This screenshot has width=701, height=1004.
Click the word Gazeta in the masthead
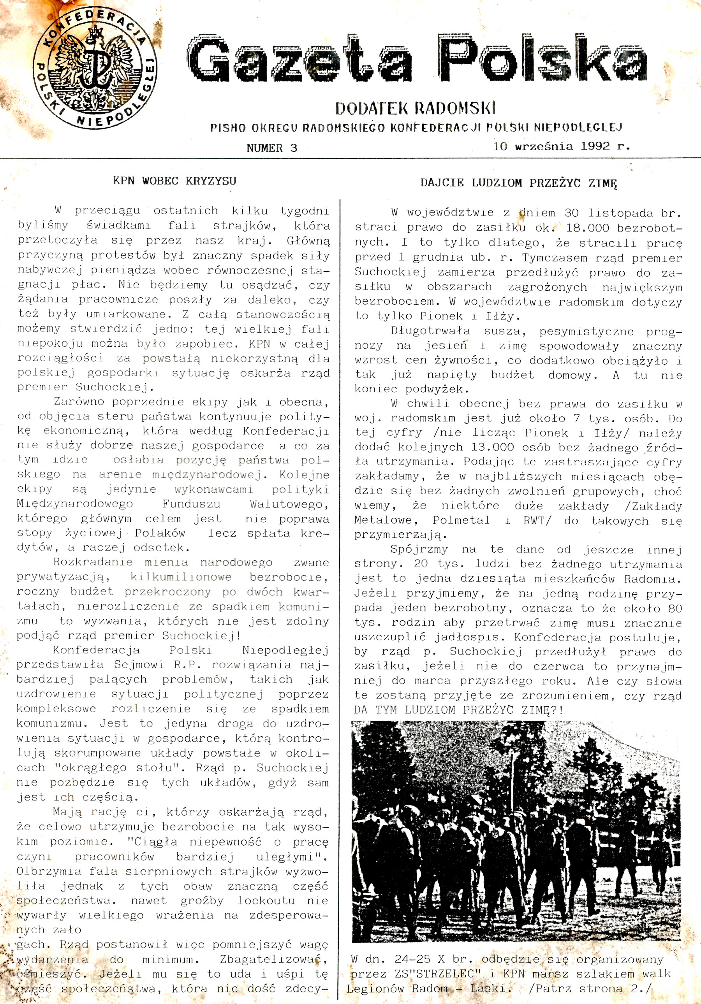(x=300, y=60)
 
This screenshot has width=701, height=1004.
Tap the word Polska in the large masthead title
(x=542, y=59)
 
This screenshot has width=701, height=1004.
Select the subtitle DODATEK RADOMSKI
(x=415, y=108)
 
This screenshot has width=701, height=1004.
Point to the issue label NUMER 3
(x=272, y=148)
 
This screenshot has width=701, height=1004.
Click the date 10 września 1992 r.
(x=562, y=146)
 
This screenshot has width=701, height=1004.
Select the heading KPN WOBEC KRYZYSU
(x=174, y=181)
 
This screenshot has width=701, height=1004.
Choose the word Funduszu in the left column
(x=191, y=504)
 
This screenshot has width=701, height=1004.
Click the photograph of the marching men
(x=516, y=831)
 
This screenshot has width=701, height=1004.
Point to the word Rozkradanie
(x=93, y=562)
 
